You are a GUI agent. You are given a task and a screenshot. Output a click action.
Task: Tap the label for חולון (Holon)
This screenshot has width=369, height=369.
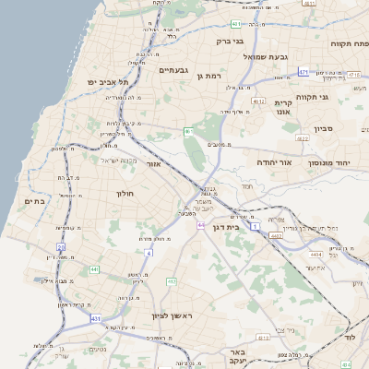[126, 194]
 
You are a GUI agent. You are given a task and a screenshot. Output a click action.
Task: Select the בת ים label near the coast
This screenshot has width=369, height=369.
[35, 201]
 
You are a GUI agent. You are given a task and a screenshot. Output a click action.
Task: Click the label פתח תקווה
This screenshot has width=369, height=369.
[350, 43]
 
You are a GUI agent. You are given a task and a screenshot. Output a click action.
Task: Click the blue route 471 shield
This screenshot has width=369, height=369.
[304, 71]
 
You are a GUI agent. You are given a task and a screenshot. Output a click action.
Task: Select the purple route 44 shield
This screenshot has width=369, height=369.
[200, 224]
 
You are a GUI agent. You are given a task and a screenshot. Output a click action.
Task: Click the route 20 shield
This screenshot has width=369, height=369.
[61, 247]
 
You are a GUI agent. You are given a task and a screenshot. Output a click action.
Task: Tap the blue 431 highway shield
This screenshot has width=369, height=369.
[95, 318]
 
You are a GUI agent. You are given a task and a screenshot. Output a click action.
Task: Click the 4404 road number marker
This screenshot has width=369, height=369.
[316, 253]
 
